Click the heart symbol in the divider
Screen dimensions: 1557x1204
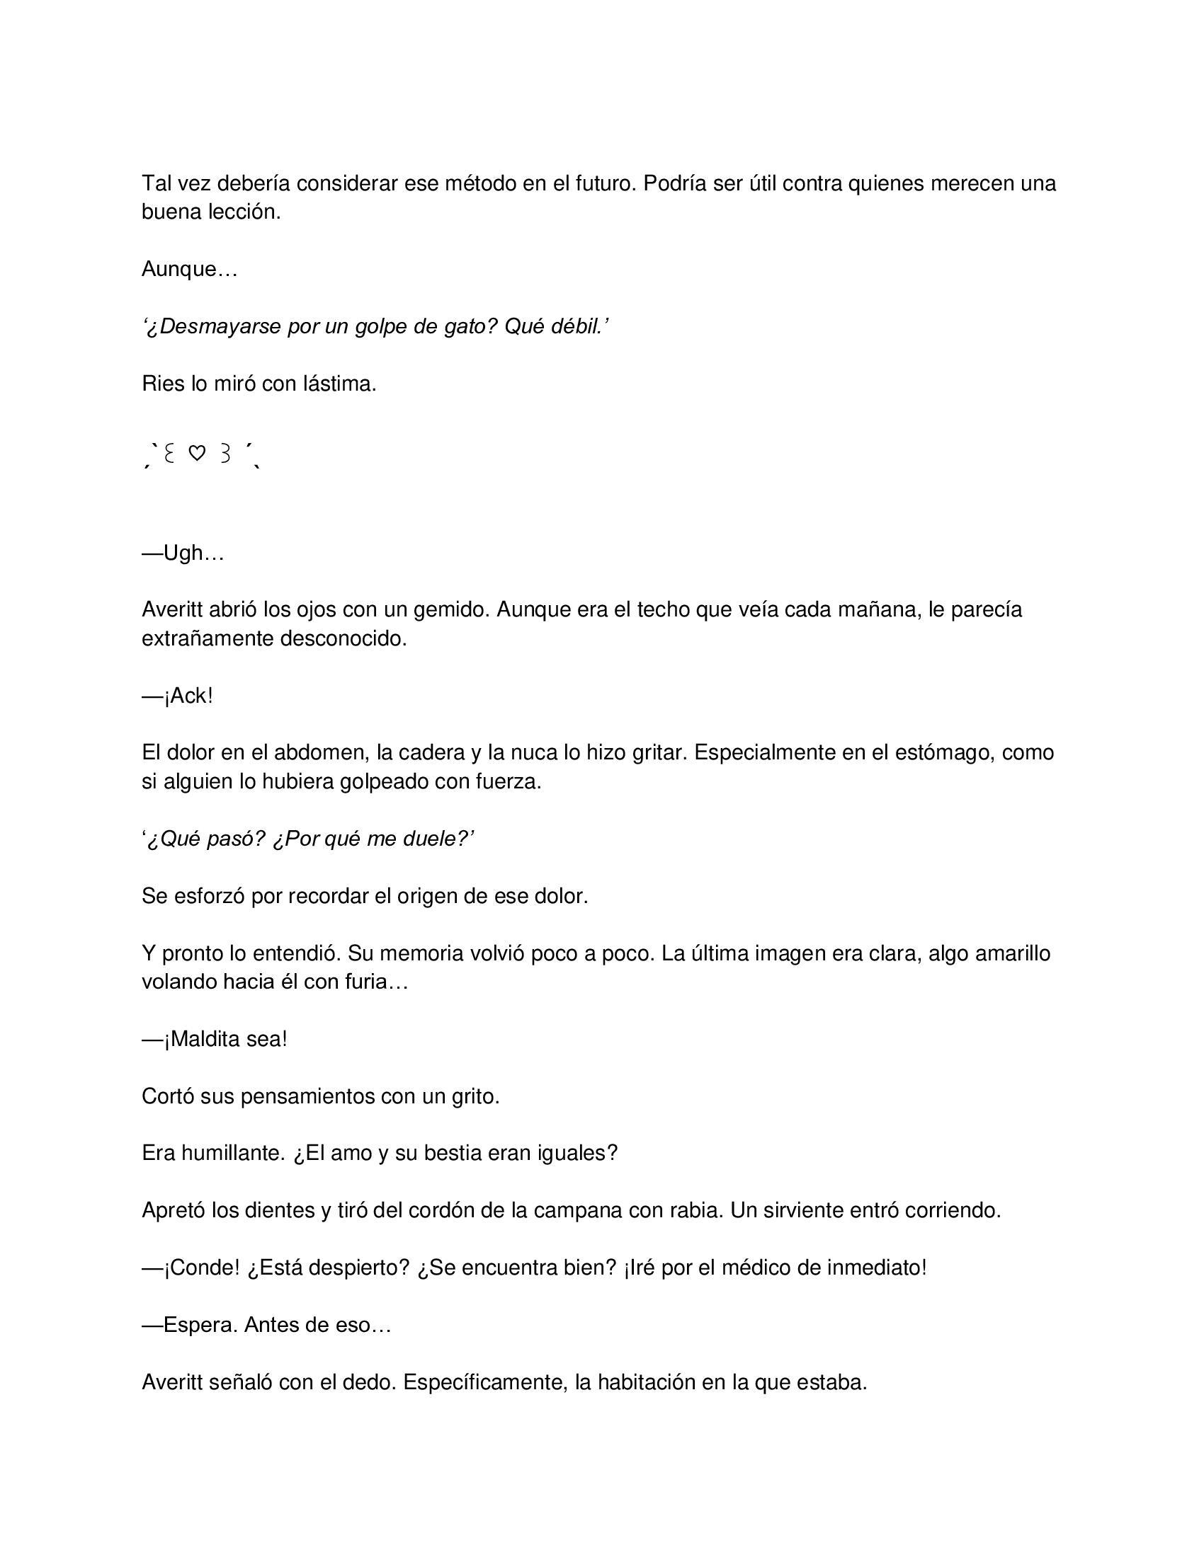click(x=197, y=453)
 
